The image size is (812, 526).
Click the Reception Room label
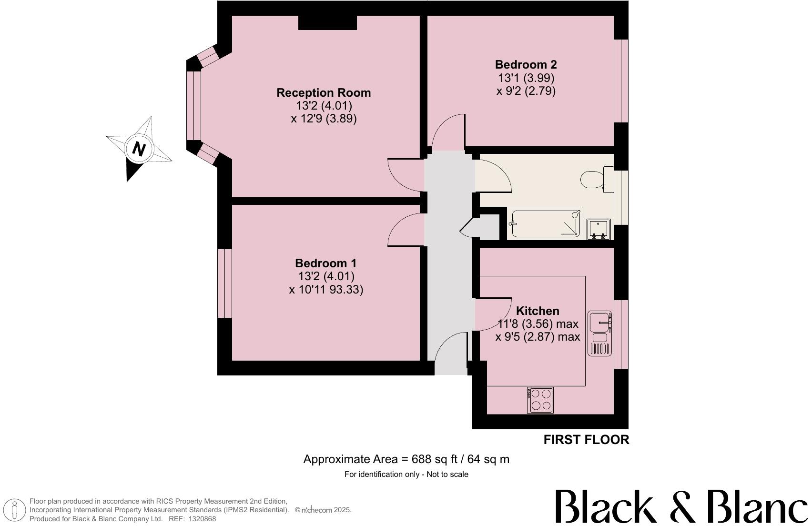(324, 92)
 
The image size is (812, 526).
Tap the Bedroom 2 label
(526, 64)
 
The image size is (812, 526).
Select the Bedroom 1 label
(325, 263)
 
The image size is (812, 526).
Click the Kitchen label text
(538, 311)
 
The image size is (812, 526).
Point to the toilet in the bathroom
(596, 180)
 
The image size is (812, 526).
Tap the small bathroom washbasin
(599, 229)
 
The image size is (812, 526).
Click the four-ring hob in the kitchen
(540, 400)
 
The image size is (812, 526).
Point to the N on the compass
(138, 150)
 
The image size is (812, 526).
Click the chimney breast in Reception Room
(327, 22)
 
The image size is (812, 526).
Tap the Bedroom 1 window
(224, 283)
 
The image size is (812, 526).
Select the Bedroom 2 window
(621, 81)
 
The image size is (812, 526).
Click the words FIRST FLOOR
(586, 440)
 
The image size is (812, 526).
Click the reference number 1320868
(202, 519)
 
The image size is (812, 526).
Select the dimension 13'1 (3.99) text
(526, 78)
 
